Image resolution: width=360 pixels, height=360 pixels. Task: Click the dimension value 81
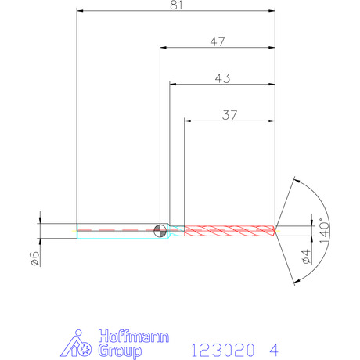pyautogui.click(x=176, y=5)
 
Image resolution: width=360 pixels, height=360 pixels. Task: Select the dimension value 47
pyautogui.click(x=218, y=41)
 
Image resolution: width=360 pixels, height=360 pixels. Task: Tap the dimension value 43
pyautogui.click(x=222, y=78)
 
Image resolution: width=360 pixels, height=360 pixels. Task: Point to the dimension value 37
pyautogui.click(x=229, y=115)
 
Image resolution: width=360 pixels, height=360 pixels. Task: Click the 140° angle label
pyautogui.click(x=325, y=231)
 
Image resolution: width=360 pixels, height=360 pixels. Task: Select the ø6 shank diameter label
pyautogui.click(x=35, y=258)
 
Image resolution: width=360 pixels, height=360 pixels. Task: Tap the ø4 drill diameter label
pyautogui.click(x=306, y=257)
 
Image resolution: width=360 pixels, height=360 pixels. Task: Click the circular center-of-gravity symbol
pyautogui.click(x=160, y=231)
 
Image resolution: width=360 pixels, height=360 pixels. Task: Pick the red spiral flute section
pyautogui.click(x=229, y=231)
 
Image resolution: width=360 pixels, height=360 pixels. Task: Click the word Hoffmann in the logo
pyautogui.click(x=134, y=337)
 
